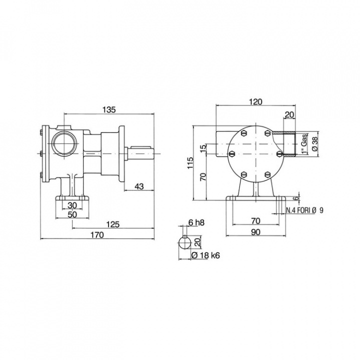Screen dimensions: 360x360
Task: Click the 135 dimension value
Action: click(x=109, y=109)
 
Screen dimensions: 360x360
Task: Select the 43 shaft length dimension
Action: click(x=139, y=186)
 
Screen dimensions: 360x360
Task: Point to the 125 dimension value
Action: click(x=113, y=225)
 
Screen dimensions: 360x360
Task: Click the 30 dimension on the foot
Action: click(x=72, y=205)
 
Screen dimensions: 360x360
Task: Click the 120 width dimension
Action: click(x=255, y=101)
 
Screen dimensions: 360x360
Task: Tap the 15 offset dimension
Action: click(x=202, y=148)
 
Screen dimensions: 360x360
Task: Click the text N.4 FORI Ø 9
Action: click(x=304, y=210)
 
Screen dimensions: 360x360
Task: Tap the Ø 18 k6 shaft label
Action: click(x=206, y=255)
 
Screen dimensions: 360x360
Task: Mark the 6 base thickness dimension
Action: click(x=296, y=198)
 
